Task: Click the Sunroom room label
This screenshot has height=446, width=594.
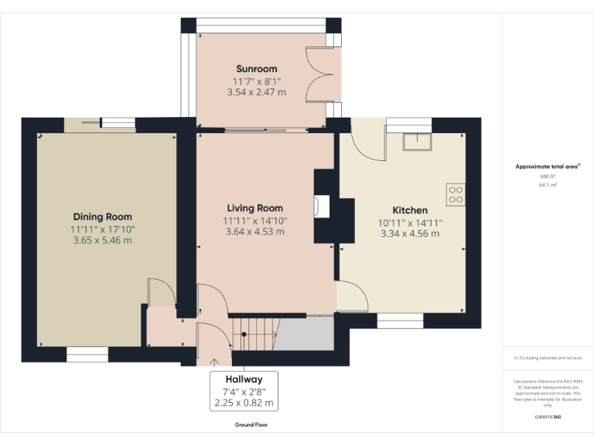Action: pos(256,69)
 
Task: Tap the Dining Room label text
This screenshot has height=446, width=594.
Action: pos(102,217)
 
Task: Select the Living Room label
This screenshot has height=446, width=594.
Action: pos(254,208)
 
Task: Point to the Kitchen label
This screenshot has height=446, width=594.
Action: pos(409,210)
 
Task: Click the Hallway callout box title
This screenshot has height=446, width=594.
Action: pos(244,379)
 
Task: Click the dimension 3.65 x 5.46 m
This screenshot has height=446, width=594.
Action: pos(102,241)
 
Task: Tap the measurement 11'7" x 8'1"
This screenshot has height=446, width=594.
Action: pos(256,81)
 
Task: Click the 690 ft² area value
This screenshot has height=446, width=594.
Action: pos(548,177)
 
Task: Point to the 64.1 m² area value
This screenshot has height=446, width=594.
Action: pos(548,185)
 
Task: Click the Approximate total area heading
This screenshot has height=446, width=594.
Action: pos(547,166)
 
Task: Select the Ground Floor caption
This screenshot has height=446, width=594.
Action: pos(251,424)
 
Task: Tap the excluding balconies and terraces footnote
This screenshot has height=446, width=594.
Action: pos(548,358)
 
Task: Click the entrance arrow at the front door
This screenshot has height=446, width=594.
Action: pos(214,360)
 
